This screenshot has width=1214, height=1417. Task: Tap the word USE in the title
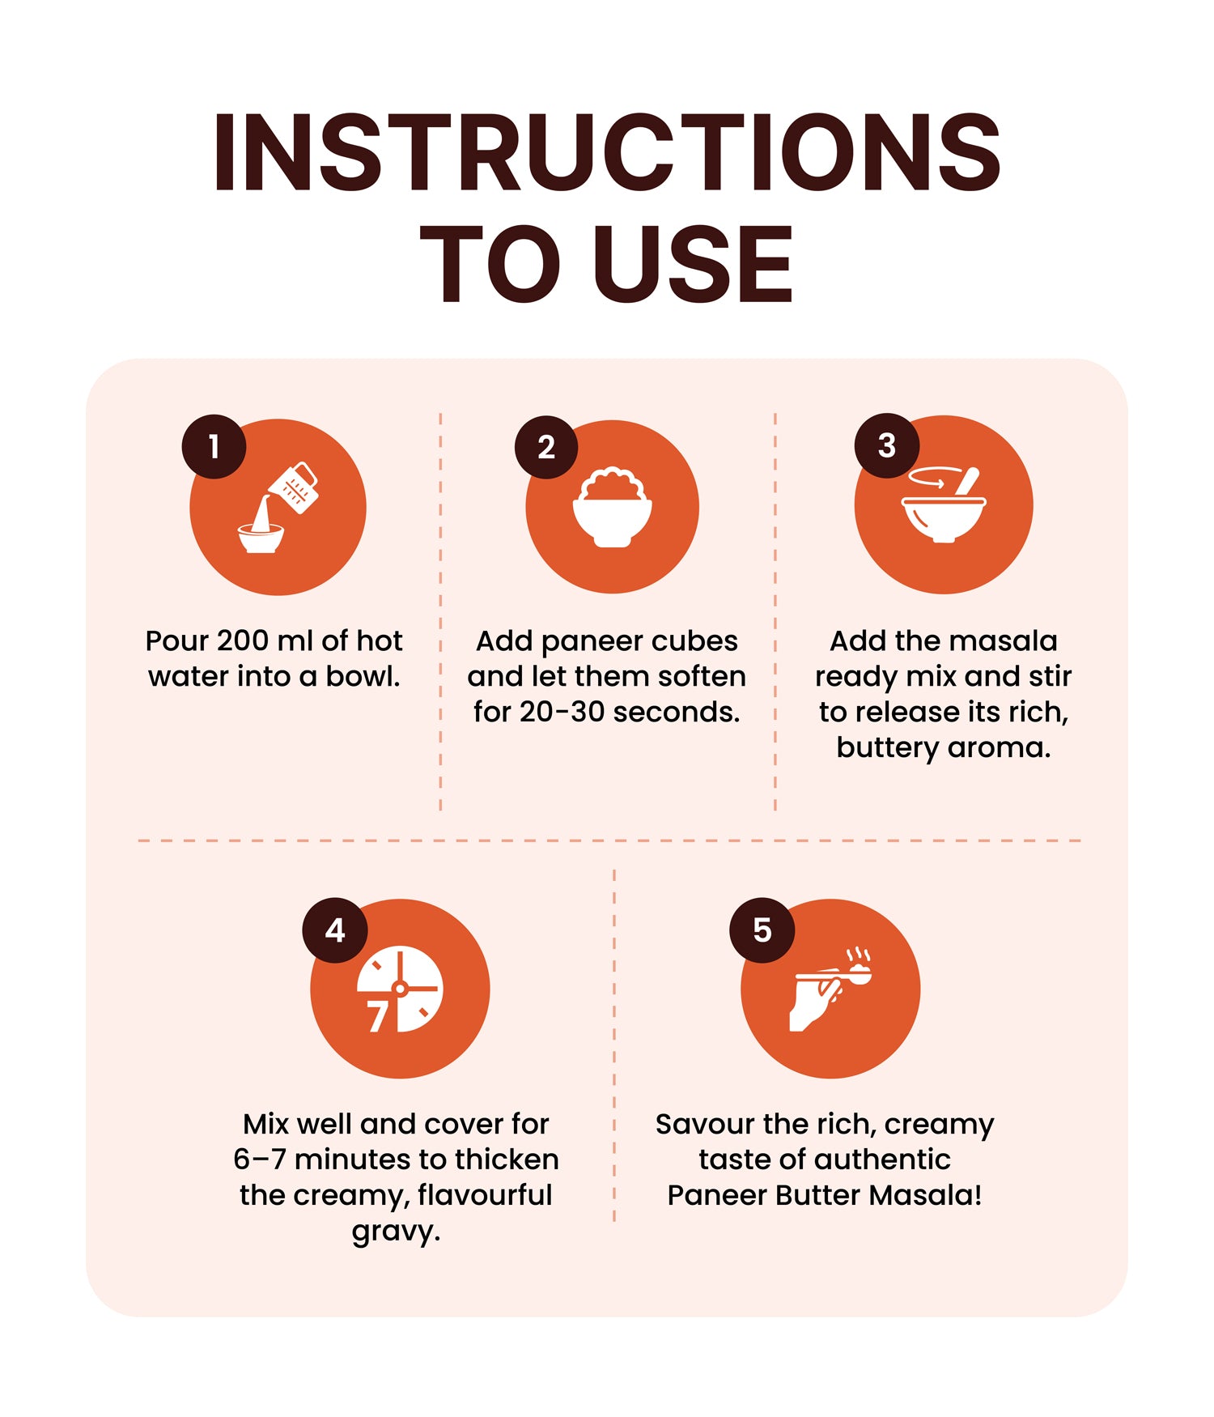(x=693, y=264)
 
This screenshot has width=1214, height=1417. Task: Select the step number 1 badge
(x=214, y=446)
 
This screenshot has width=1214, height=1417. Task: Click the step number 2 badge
(x=546, y=447)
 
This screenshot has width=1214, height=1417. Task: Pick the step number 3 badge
(x=887, y=445)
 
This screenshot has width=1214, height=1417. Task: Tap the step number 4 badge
(x=335, y=930)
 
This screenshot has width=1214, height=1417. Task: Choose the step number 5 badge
(x=762, y=930)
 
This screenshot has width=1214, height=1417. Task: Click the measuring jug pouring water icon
(x=278, y=508)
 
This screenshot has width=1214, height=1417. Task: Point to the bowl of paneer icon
(x=613, y=507)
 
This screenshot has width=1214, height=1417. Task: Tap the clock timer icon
(x=400, y=989)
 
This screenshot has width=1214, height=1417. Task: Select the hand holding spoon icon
(x=830, y=989)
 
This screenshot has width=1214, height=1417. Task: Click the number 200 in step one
(x=243, y=640)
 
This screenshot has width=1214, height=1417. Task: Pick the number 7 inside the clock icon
(x=376, y=1017)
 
